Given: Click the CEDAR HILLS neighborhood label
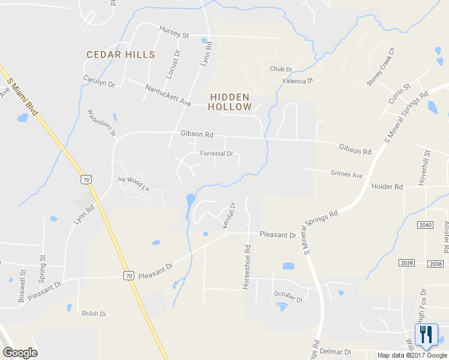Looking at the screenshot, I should click(x=121, y=55).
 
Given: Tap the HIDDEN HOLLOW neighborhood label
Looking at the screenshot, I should click(x=230, y=102).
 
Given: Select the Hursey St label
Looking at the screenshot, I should click(x=174, y=32).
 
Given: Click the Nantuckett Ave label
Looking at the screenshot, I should click(x=167, y=95).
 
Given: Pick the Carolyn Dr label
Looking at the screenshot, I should click(x=99, y=81).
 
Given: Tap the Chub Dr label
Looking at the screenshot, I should click(x=280, y=69).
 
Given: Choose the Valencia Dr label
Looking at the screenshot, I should click(x=298, y=80).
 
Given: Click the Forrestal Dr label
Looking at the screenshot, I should click(x=216, y=154).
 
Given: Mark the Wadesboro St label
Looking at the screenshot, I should click(x=101, y=122).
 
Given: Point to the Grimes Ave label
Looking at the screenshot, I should click(x=347, y=175).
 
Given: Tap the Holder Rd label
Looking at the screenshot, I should click(x=387, y=187).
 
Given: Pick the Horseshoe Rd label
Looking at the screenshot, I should click(x=246, y=266).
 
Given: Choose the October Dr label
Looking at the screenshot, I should click(x=288, y=296).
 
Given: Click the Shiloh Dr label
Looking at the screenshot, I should click(x=94, y=313).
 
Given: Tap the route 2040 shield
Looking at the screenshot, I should click(x=425, y=224).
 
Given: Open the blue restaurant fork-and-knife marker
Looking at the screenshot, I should click(x=426, y=335).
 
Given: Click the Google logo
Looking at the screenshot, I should click(x=20, y=353).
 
